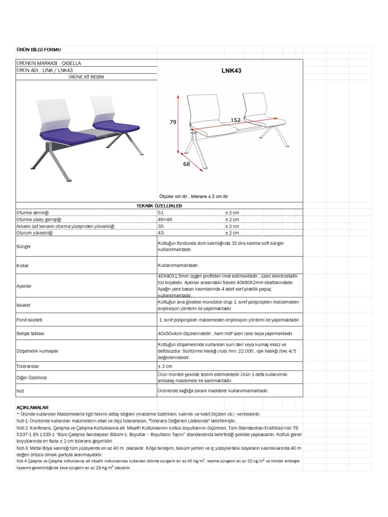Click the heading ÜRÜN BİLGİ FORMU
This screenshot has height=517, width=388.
tap(38, 50)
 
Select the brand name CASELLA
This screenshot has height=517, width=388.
tap(71, 63)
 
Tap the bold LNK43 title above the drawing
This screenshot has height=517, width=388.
tap(231, 71)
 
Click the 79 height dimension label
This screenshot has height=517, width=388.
tap(173, 122)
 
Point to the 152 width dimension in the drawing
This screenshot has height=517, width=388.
tap(235, 120)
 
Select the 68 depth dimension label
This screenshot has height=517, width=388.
tap(187, 164)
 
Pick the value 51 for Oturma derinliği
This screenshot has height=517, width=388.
tap(161, 213)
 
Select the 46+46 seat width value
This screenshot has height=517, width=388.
tap(165, 219)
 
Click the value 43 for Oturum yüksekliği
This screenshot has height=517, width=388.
tap(161, 233)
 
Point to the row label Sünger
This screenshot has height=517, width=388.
tap(24, 247)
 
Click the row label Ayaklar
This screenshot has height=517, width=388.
tap(24, 286)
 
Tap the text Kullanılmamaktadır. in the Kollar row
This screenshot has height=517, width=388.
tap(178, 265)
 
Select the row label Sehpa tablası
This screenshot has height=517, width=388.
tap(30, 333)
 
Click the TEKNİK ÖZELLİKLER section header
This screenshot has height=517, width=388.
tap(159, 206)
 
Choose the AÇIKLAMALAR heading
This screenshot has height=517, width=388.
tap(32, 407)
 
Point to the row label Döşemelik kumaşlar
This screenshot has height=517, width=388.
tap(38, 351)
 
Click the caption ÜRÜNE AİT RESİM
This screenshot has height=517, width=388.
tap(86, 77)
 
